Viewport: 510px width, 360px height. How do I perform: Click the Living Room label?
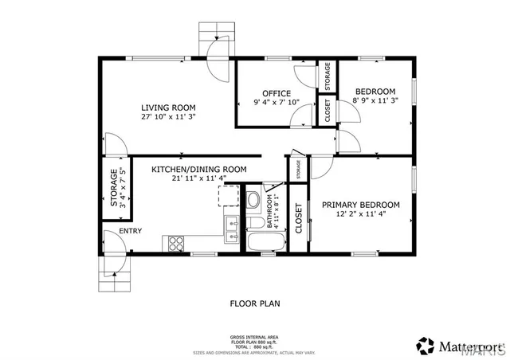coord(168,108)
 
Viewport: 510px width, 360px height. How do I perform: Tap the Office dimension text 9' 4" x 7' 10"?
coord(276,102)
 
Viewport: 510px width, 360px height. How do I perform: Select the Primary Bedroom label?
coord(360,205)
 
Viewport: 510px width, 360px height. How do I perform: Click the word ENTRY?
coord(130,232)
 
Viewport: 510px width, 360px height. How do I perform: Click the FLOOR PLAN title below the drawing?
coord(254,303)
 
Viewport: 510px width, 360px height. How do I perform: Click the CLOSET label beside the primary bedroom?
coord(298,218)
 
